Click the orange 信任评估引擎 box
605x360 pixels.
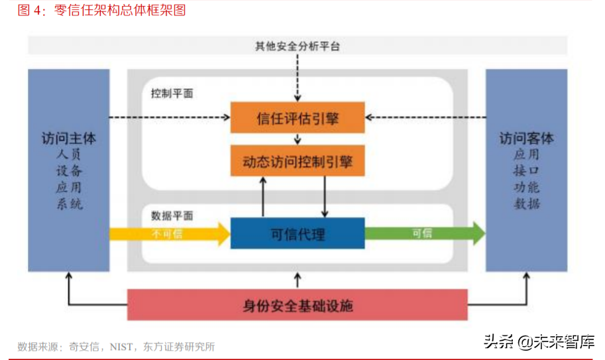[x=298, y=118]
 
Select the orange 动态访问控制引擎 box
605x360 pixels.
[x=298, y=160]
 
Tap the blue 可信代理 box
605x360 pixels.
[x=298, y=233]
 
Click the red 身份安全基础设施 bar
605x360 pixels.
[x=298, y=305]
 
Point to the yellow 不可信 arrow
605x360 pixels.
[x=168, y=233]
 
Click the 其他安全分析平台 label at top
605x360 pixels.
[x=298, y=46]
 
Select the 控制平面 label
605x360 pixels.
[x=172, y=93]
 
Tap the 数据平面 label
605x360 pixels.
[x=172, y=215]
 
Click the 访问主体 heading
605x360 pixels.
[x=69, y=139]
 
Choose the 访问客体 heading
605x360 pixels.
[x=527, y=139]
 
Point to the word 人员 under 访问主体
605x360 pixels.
[x=69, y=154]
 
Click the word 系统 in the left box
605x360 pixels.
[x=69, y=204]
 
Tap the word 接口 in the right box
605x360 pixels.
[x=527, y=171]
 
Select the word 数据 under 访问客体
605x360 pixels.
[x=527, y=204]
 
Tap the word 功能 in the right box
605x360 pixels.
[x=527, y=188]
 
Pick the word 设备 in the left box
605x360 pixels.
[x=69, y=171]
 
